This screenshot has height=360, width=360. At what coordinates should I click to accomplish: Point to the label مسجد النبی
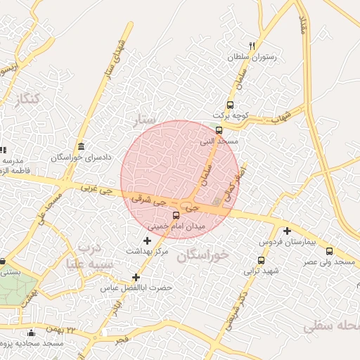pos(220,141)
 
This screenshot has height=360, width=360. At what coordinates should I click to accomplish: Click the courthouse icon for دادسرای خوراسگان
pos(82,146)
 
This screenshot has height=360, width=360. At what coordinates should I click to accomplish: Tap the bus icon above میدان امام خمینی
pos(176,216)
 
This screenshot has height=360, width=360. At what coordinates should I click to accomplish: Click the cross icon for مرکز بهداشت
pos(146,241)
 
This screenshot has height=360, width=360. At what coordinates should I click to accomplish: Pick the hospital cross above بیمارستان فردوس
pos(287,231)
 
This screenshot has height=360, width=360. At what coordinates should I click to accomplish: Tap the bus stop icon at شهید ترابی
pos(262,259)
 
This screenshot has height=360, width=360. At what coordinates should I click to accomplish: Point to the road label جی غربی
pos(96,189)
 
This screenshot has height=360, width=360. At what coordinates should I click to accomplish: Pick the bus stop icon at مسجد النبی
pos(219,130)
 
